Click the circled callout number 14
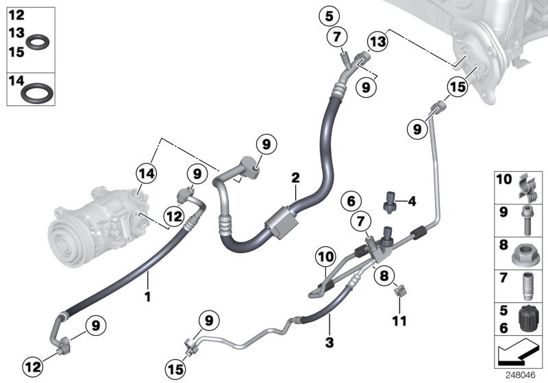tap(147, 173)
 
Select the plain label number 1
tap(148, 297)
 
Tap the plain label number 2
tap(295, 178)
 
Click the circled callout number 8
tap(384, 276)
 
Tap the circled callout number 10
tap(325, 257)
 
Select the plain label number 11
tap(399, 321)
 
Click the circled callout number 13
tap(378, 42)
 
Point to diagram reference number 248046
tap(521, 375)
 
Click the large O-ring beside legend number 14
tap(37, 93)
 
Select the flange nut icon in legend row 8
tap(523, 254)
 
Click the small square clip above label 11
tap(400, 290)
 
